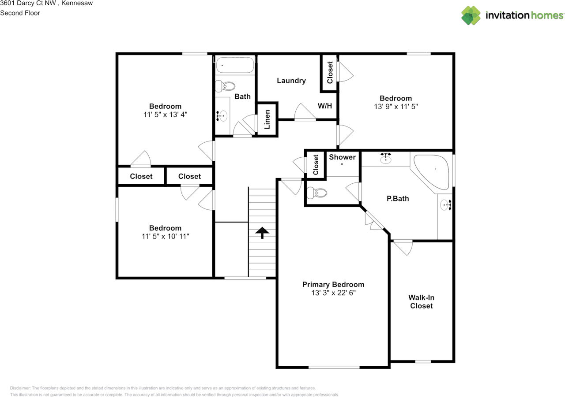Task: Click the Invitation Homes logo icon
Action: [x=471, y=15]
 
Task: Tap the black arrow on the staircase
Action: [x=263, y=232]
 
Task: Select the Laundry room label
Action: [x=291, y=81]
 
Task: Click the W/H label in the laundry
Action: [x=324, y=106]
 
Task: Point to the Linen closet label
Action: [x=267, y=119]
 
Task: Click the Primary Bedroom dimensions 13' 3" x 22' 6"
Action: [x=333, y=293]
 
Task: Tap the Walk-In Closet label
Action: [x=422, y=302]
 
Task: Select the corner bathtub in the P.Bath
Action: [x=432, y=171]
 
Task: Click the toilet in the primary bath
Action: [x=316, y=193]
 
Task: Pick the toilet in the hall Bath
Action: [x=228, y=85]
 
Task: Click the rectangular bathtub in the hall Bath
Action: [x=235, y=66]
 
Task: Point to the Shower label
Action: [x=342, y=157]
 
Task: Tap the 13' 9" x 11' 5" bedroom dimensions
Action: [x=396, y=106]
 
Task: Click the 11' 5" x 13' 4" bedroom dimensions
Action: [x=165, y=114]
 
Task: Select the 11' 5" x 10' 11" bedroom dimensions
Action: [x=165, y=236]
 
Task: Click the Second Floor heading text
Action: [x=20, y=13]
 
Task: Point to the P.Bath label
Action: [x=398, y=199]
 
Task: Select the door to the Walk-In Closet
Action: [x=403, y=247]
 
